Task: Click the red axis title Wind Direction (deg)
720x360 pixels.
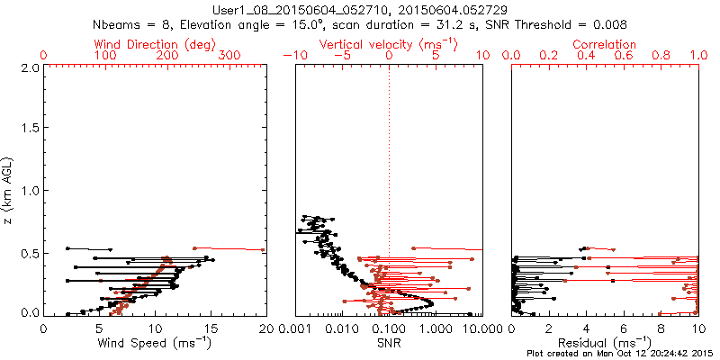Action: (155, 43)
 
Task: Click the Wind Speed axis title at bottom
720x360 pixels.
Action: (155, 343)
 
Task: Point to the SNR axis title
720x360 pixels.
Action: (389, 343)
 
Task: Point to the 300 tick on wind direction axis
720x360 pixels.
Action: (229, 56)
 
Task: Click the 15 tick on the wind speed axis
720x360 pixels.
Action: (211, 328)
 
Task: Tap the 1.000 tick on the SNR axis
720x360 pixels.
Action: (436, 328)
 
